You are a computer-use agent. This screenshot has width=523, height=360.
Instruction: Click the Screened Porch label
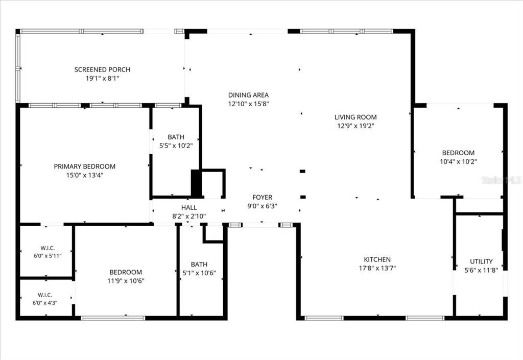102,69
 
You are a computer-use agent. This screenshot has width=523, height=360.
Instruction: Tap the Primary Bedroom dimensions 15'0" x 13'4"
85,175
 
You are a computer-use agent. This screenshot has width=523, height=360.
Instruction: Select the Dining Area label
249,95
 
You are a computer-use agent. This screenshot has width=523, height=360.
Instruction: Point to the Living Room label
355,117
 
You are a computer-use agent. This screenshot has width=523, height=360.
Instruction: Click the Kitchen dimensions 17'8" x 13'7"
377,268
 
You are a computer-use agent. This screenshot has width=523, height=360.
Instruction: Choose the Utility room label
481,261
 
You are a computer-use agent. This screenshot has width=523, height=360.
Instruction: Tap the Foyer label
262,197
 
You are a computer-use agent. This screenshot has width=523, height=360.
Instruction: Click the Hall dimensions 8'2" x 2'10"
189,217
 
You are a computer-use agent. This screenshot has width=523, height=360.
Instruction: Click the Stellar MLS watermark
502,180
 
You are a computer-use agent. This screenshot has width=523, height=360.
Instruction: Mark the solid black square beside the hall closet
196,183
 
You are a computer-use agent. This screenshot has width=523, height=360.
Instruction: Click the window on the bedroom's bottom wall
113,318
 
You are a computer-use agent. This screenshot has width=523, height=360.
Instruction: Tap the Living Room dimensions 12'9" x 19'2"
355,126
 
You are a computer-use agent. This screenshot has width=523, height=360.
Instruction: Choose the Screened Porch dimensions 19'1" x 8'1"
102,79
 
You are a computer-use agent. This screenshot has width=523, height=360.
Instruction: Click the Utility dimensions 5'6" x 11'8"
481,270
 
